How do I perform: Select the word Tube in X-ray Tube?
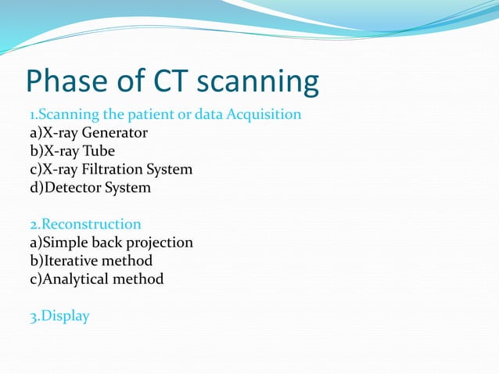click(x=99, y=151)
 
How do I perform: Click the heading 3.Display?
click(x=59, y=316)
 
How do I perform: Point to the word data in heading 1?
click(x=208, y=115)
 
